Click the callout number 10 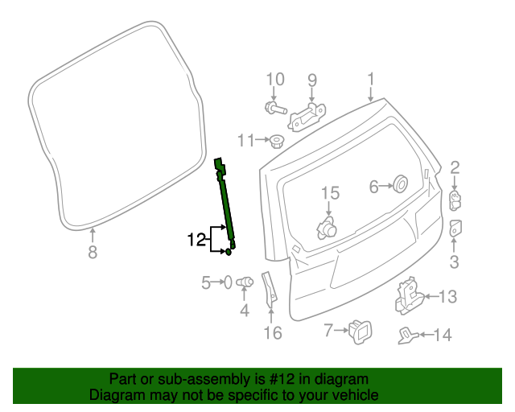pos(275,80)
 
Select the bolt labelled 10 pos(275,108)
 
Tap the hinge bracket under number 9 pos(307,117)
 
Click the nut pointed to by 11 pos(277,142)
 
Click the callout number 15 pos(330,193)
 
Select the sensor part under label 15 pos(327,228)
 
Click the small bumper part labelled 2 pos(455,200)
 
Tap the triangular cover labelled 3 pos(455,228)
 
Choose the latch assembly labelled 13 pos(410,296)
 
